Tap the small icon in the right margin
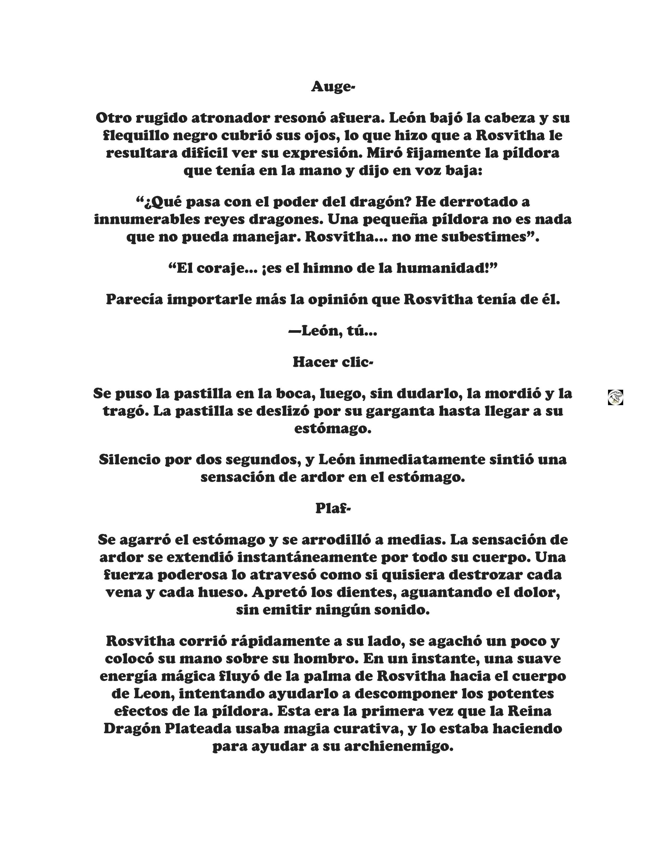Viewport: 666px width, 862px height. pyautogui.click(x=615, y=397)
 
